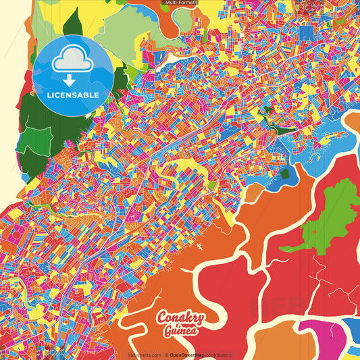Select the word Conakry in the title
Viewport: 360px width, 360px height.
(182, 318)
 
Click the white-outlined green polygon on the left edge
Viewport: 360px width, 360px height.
(30, 138)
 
